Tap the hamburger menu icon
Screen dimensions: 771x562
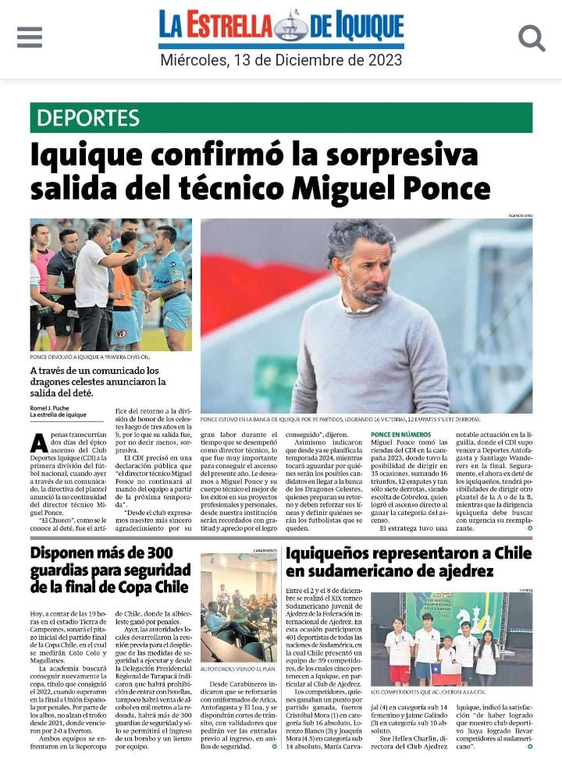point(30,37)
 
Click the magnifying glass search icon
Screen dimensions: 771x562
point(532,37)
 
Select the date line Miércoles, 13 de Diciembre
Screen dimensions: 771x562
point(281,60)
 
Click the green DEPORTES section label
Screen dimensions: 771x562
point(87,118)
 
